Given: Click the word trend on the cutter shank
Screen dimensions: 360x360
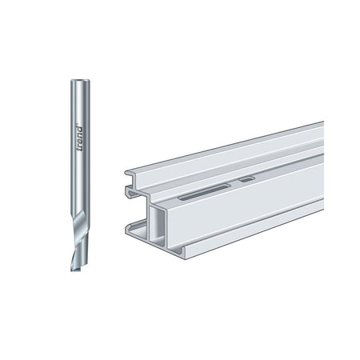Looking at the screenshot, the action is coord(80,138).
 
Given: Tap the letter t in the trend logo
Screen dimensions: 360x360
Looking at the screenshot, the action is coord(80,150).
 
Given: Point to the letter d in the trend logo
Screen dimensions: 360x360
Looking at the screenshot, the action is coord(80,129).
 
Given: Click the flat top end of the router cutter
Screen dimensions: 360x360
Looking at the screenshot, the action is coord(80,80).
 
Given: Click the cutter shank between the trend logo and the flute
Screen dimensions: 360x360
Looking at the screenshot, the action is coord(80,182).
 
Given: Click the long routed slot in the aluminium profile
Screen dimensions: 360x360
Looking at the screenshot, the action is coord(205,192).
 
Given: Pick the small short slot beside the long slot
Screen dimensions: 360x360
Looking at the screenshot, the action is coord(246,179).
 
